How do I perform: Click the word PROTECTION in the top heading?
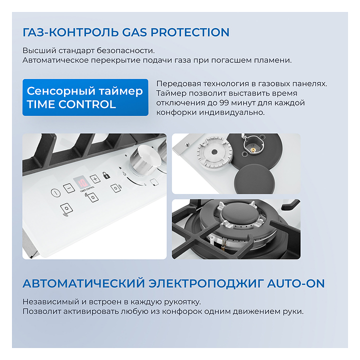[190, 32]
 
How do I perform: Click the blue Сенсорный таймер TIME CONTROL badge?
[85, 97]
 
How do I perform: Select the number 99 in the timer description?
[224, 102]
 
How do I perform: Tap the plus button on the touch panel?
[95, 179]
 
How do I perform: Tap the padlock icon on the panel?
[106, 175]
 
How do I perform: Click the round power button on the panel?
[55, 192]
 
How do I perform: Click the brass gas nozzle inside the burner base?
[253, 149]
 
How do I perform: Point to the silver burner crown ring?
[214, 152]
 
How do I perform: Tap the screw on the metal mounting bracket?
[187, 144]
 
